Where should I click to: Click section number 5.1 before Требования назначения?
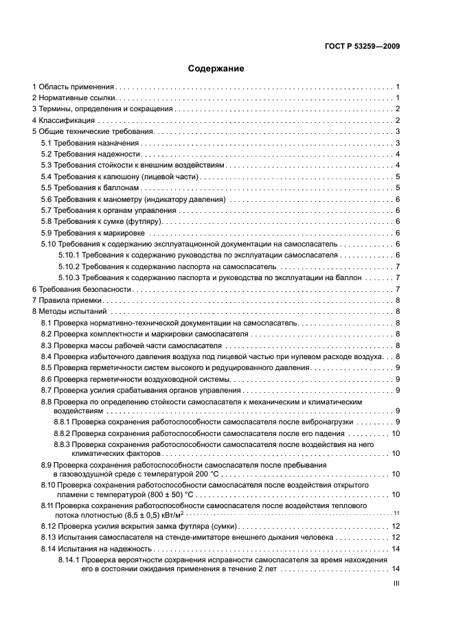pyautogui.click(x=46, y=143)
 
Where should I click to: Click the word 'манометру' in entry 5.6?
pyautogui.click(x=130, y=198)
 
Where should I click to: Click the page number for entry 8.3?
pyautogui.click(x=398, y=345)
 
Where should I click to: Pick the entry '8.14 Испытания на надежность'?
pyautogui.click(x=95, y=549)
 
